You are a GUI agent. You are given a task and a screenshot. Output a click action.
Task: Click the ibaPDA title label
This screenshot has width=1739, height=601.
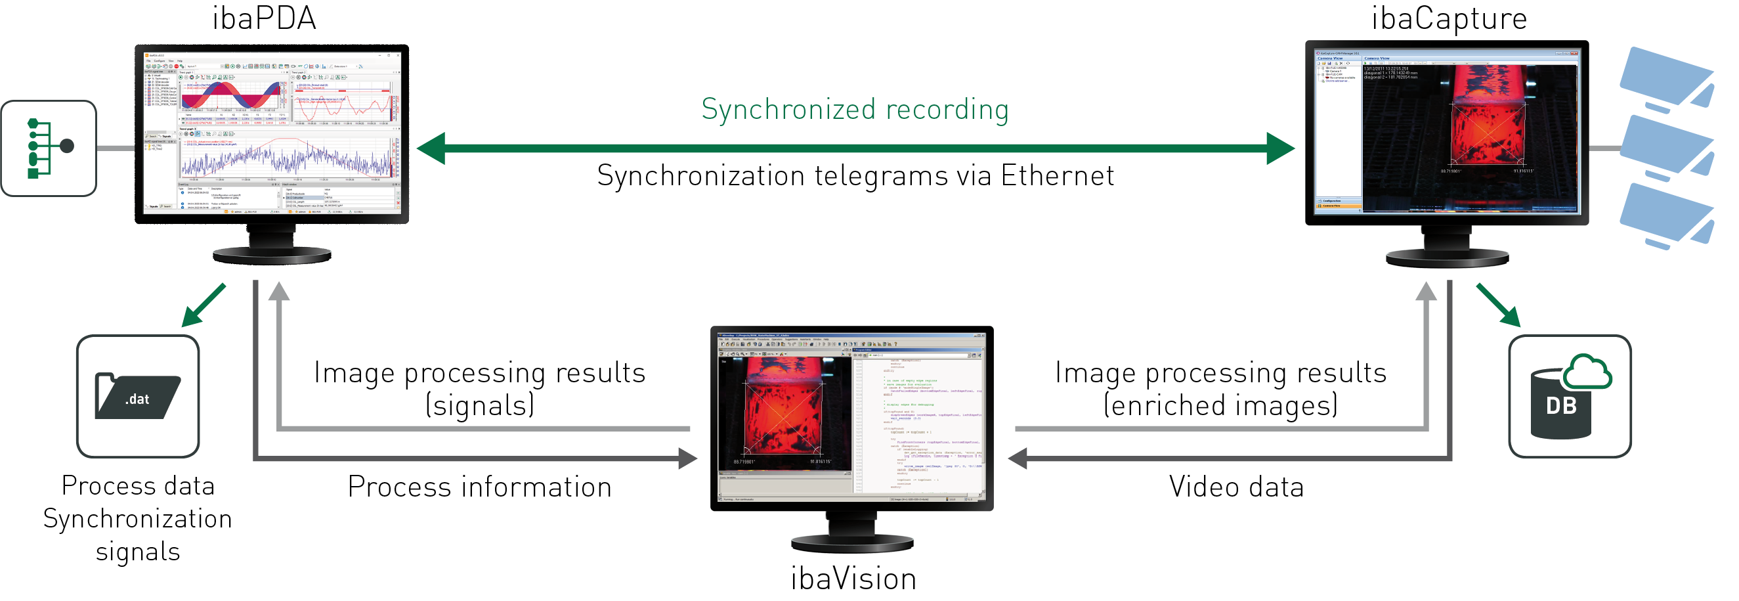(264, 18)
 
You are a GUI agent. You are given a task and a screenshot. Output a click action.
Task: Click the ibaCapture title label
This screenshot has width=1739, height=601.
(1449, 18)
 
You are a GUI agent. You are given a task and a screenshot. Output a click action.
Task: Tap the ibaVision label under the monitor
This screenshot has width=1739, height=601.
(853, 579)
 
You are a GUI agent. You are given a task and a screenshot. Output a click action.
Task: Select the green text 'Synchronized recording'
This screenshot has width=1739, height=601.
(855, 110)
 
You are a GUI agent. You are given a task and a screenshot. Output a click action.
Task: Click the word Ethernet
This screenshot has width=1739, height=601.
(1056, 176)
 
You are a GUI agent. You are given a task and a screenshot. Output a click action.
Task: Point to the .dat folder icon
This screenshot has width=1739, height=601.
(138, 396)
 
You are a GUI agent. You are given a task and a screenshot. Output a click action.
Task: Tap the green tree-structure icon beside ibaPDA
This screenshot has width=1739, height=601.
(49, 148)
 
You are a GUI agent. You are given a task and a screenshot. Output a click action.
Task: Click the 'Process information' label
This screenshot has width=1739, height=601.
(479, 487)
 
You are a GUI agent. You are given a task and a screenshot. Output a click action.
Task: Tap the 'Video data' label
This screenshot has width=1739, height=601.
(1236, 487)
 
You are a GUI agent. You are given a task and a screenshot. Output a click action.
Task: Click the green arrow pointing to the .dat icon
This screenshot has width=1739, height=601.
(204, 305)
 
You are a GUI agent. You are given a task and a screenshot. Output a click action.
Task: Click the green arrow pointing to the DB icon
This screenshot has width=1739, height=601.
(1499, 305)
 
